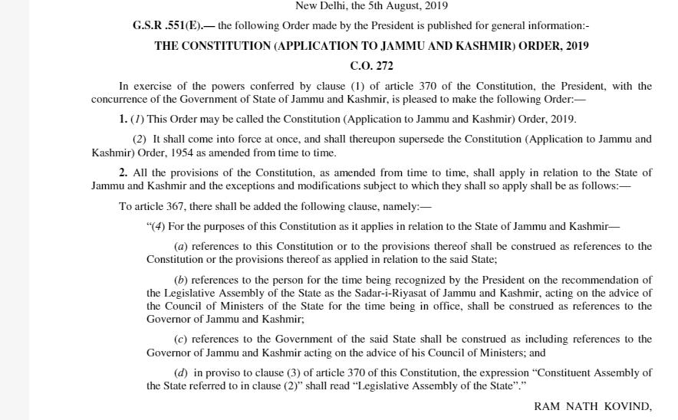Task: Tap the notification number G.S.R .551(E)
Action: [x=166, y=26]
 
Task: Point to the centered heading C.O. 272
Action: [x=371, y=66]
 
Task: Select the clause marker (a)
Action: [x=182, y=247]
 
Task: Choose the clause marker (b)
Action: [x=182, y=281]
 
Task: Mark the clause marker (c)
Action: [x=181, y=339]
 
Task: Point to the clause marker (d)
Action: [x=182, y=372]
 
